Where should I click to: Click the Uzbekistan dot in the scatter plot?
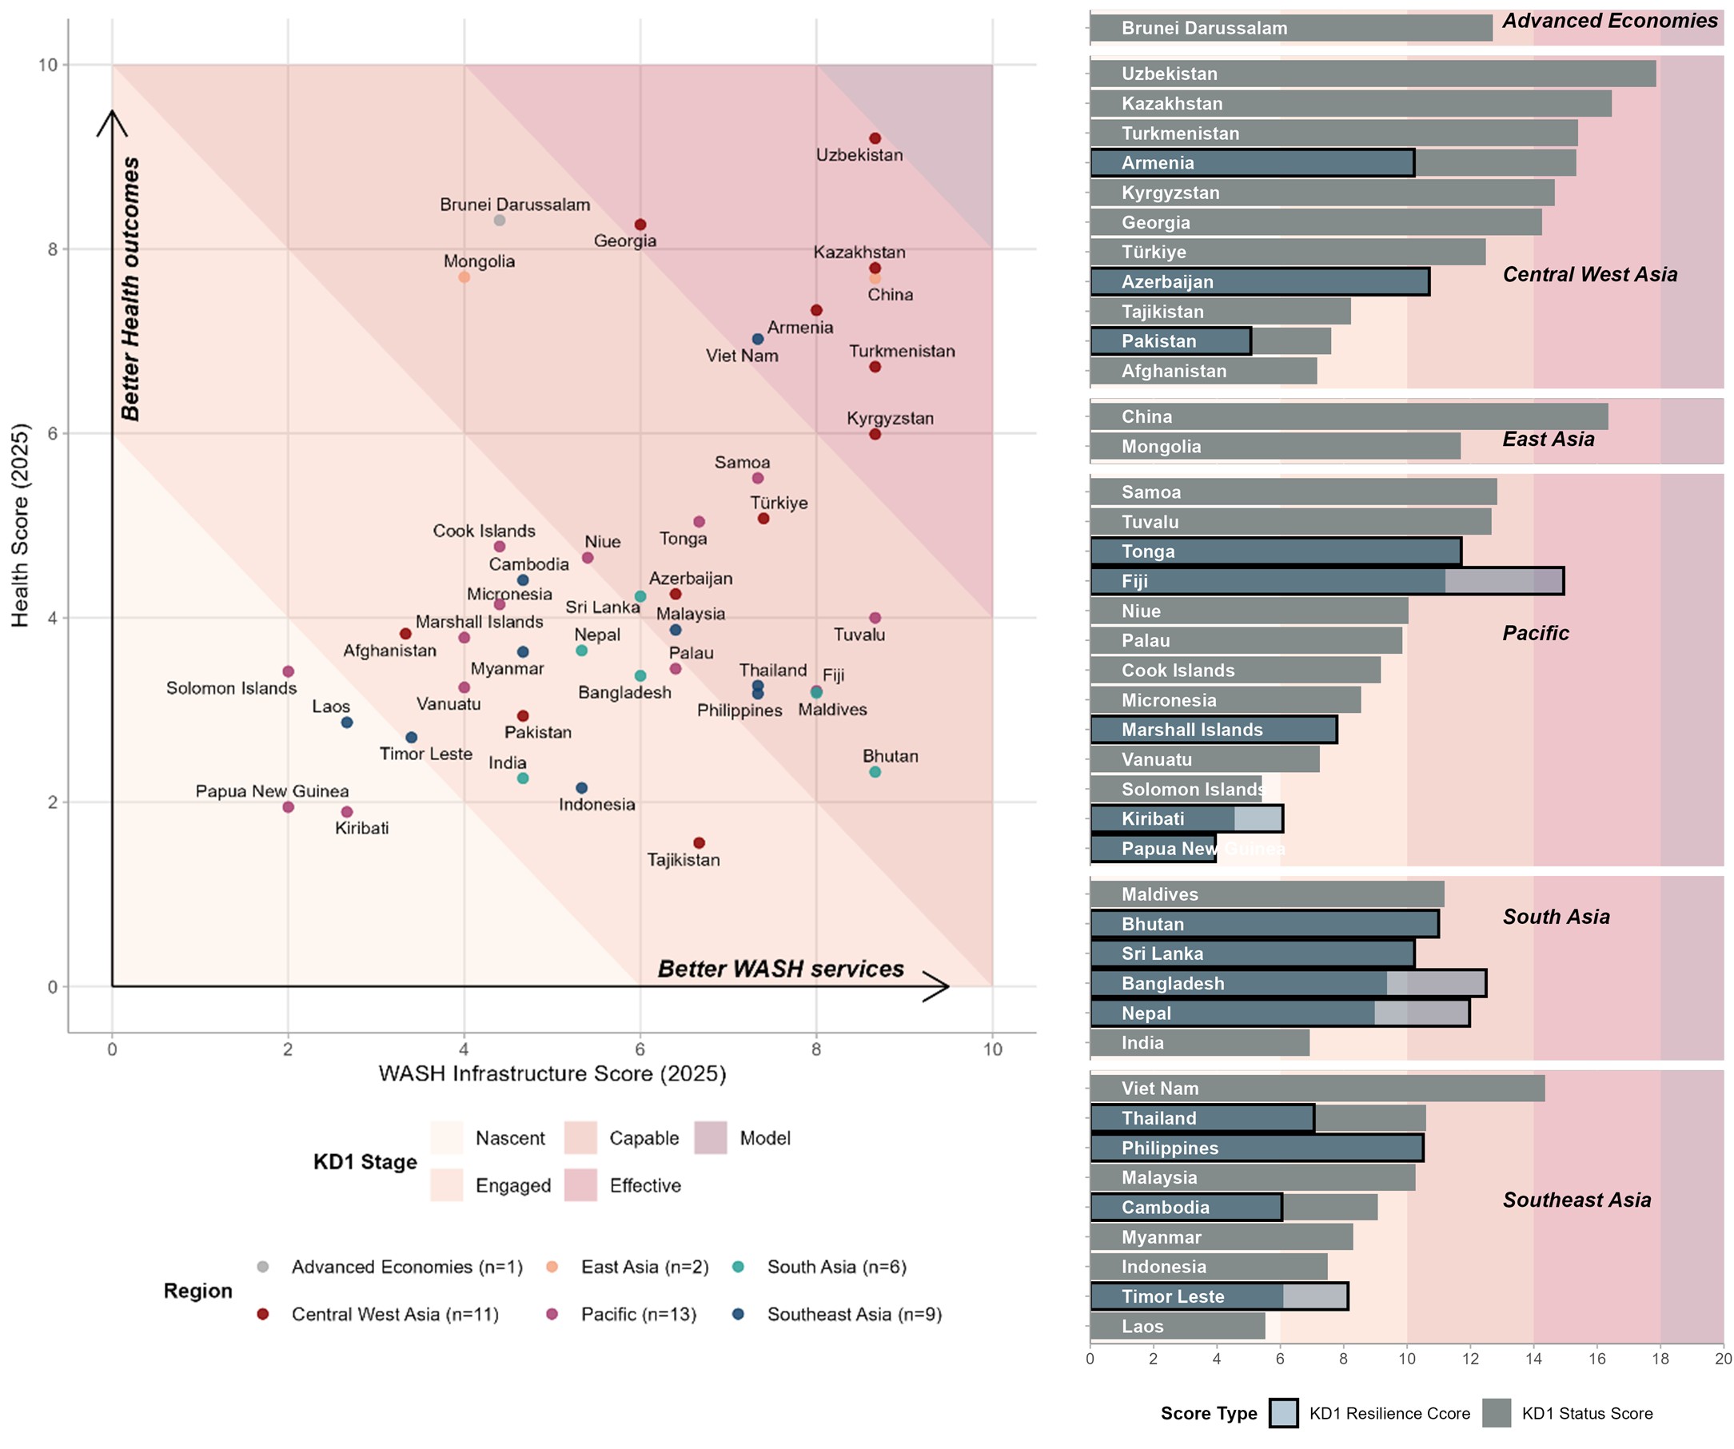tap(875, 139)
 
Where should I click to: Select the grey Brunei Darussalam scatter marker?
tap(500, 221)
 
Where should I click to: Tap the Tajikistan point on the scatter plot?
tap(700, 843)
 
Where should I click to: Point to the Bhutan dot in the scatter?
tap(875, 772)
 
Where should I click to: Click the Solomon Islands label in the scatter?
tap(231, 689)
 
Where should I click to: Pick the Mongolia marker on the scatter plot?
tap(464, 277)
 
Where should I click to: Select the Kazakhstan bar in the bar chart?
tap(1350, 104)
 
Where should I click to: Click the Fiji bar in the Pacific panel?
tap(1326, 581)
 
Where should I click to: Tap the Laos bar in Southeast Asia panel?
tap(1178, 1326)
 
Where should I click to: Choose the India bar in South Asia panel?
tap(1199, 1043)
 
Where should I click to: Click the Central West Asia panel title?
tap(1589, 275)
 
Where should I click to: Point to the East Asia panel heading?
tap(1549, 440)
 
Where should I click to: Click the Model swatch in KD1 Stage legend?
tap(710, 1138)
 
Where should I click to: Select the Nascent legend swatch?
tap(447, 1138)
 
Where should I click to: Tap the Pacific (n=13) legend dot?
tap(552, 1314)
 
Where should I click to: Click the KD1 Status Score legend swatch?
tap(1497, 1413)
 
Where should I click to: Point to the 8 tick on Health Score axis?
tap(52, 249)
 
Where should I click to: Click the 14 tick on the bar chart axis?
tap(1533, 1359)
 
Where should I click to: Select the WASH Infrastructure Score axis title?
tap(552, 1073)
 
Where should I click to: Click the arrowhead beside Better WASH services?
tap(937, 985)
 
